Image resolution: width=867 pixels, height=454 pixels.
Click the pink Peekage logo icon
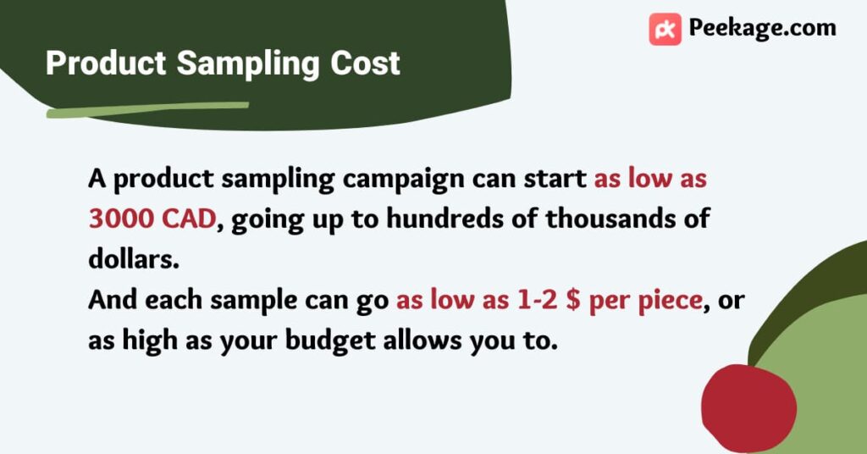click(x=665, y=29)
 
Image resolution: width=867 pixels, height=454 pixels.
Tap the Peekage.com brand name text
click(x=763, y=29)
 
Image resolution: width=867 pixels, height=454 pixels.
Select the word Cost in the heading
click(x=365, y=63)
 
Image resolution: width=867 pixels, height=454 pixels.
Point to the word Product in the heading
click(x=106, y=63)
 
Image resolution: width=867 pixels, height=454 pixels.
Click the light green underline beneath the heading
click(x=147, y=109)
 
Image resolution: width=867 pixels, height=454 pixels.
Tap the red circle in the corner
click(x=748, y=408)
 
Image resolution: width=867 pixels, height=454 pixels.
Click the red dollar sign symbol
click(x=573, y=301)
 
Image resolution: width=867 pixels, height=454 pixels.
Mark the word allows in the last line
click(x=422, y=340)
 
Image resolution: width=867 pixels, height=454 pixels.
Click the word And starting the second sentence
click(x=113, y=301)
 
